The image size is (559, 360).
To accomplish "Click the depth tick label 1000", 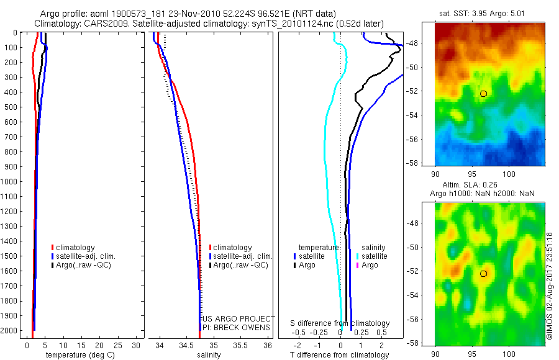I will coord(9,182).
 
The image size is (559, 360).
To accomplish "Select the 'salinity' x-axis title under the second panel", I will coord(209,355).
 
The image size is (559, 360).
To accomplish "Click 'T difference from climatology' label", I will coord(340,355).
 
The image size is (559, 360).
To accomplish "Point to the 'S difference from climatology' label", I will coord(340,323).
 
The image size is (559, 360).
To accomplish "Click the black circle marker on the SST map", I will coord(484,94).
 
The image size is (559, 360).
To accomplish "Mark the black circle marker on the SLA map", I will coord(484,274).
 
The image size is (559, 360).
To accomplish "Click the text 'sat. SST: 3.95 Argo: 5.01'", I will coord(488,13).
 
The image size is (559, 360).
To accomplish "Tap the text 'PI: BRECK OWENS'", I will coord(236,327).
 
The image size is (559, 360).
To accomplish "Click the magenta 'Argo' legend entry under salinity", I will coord(370,265).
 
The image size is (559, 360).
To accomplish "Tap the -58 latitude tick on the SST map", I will coord(427,163).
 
